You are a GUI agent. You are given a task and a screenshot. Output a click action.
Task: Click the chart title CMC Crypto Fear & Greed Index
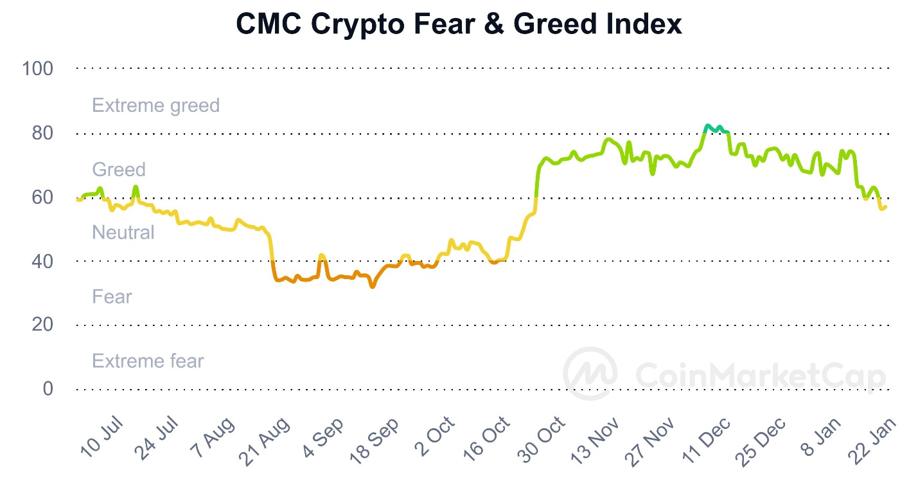(459, 24)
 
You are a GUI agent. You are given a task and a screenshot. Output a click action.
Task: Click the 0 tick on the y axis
(48, 389)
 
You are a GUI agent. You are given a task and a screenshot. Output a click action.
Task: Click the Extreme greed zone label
(155, 105)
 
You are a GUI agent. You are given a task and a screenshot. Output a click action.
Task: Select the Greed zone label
(119, 170)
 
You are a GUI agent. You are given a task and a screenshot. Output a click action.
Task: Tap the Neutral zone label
(123, 232)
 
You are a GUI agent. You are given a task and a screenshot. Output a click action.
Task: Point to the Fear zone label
(112, 296)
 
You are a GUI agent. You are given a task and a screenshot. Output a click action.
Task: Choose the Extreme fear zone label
(148, 361)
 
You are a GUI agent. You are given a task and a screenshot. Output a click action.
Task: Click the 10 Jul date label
(102, 439)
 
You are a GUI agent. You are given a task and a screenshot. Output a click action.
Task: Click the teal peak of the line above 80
(708, 126)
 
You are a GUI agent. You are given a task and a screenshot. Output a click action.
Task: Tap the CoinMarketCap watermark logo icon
(590, 374)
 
